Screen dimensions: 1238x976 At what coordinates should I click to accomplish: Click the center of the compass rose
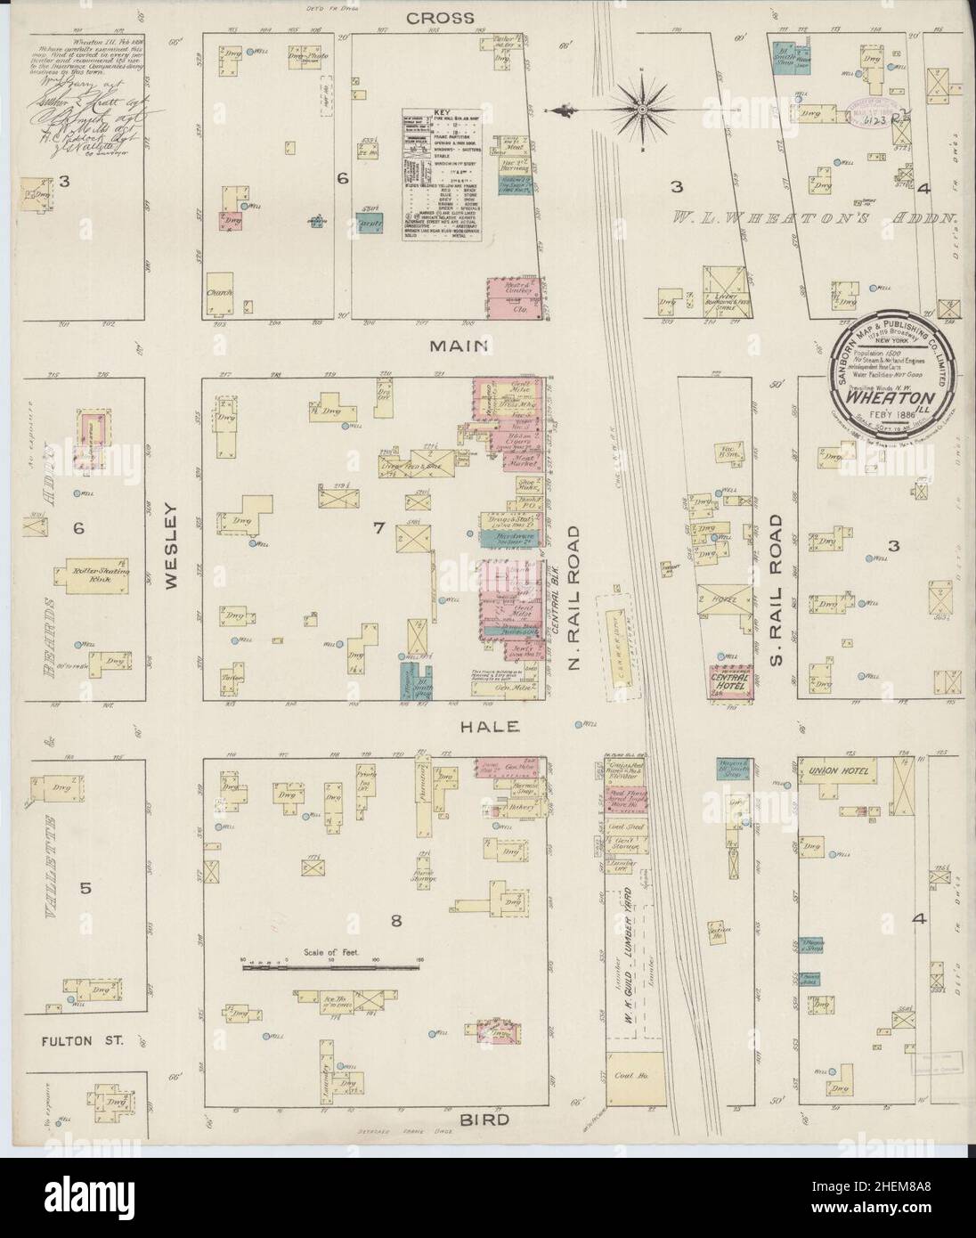coord(640,110)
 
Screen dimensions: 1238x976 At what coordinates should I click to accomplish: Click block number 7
coord(378,529)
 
